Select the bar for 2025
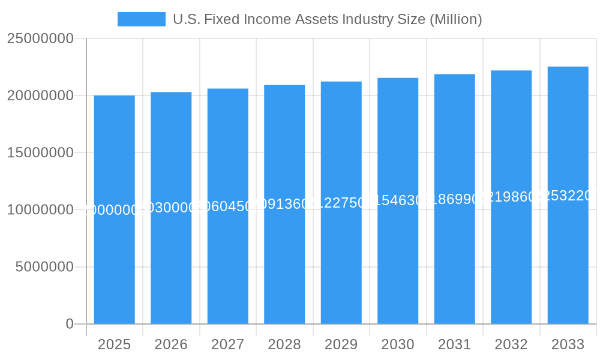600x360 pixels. pos(115,209)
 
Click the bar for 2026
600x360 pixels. pos(171,208)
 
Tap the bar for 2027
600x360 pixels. pos(228,206)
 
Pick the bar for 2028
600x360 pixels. pos(284,204)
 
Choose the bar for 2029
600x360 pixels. pos(341,202)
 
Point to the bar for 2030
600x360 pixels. pos(398,200)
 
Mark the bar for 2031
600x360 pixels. pos(454,199)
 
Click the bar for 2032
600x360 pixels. pos(511,197)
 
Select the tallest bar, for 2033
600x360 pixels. pos(568,195)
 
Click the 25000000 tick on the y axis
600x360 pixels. pos(40,39)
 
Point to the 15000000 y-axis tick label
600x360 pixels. pos(40,153)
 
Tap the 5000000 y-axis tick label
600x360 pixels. pos(44,267)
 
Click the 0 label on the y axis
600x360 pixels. pos(69,324)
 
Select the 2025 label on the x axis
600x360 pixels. pos(115,345)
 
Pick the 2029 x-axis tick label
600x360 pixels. pos(341,345)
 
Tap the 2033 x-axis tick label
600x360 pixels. pos(568,345)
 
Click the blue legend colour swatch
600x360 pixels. pos(142,19)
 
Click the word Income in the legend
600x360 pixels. pos(265,19)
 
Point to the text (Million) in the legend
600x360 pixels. pos(456,19)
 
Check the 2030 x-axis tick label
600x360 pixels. pos(398,345)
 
